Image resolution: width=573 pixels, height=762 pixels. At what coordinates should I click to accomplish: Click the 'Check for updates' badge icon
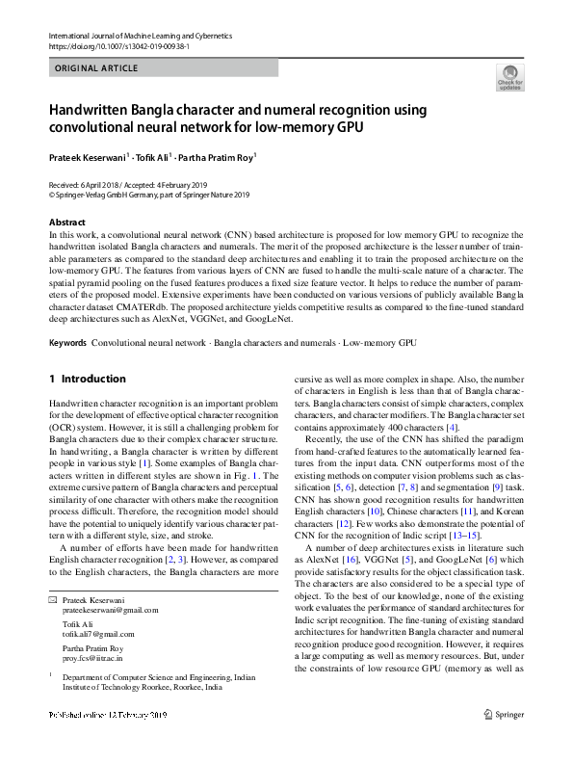[x=508, y=76]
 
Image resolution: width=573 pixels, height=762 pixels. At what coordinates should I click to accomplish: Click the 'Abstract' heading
[x=66, y=223]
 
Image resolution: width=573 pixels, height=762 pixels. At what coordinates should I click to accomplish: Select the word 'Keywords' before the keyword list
[x=67, y=343]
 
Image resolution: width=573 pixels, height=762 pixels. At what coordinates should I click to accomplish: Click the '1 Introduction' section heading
[x=88, y=380]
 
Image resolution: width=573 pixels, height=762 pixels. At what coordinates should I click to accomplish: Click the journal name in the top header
[x=146, y=36]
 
